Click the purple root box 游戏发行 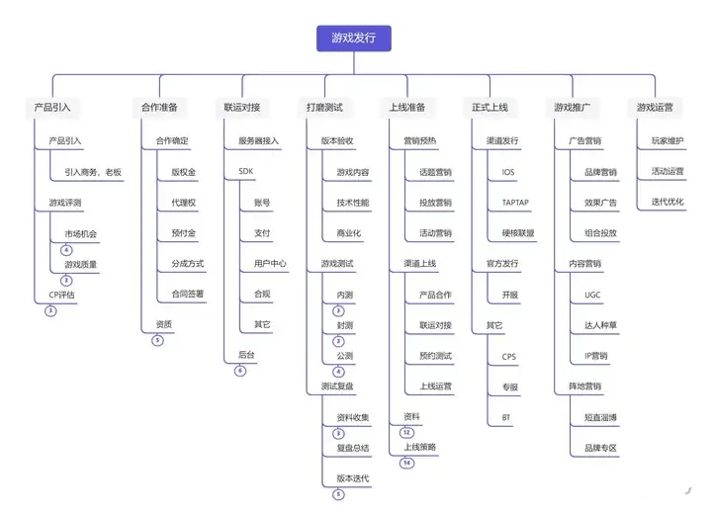click(354, 39)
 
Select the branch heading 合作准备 click(159, 108)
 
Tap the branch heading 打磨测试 click(324, 108)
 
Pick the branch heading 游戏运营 click(655, 108)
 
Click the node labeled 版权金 click(184, 172)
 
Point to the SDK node click(245, 171)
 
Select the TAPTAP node click(515, 203)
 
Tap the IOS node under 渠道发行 click(508, 172)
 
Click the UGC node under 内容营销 click(592, 295)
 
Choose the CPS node click(509, 357)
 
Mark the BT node click(506, 417)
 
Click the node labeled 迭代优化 click(667, 202)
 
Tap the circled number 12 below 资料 click(406, 432)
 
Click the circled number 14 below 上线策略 click(406, 463)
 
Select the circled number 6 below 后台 click(240, 371)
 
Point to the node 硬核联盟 click(518, 233)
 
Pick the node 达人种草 click(600, 325)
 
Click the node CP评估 click(61, 295)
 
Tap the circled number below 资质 click(157, 340)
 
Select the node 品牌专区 click(600, 448)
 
